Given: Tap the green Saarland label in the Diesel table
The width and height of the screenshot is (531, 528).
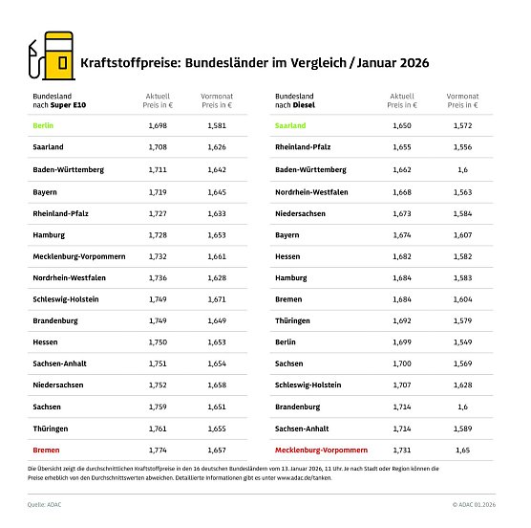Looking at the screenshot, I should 290,125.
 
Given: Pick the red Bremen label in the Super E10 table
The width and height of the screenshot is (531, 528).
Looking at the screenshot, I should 45,449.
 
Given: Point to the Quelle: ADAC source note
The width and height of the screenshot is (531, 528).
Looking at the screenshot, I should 45,504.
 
